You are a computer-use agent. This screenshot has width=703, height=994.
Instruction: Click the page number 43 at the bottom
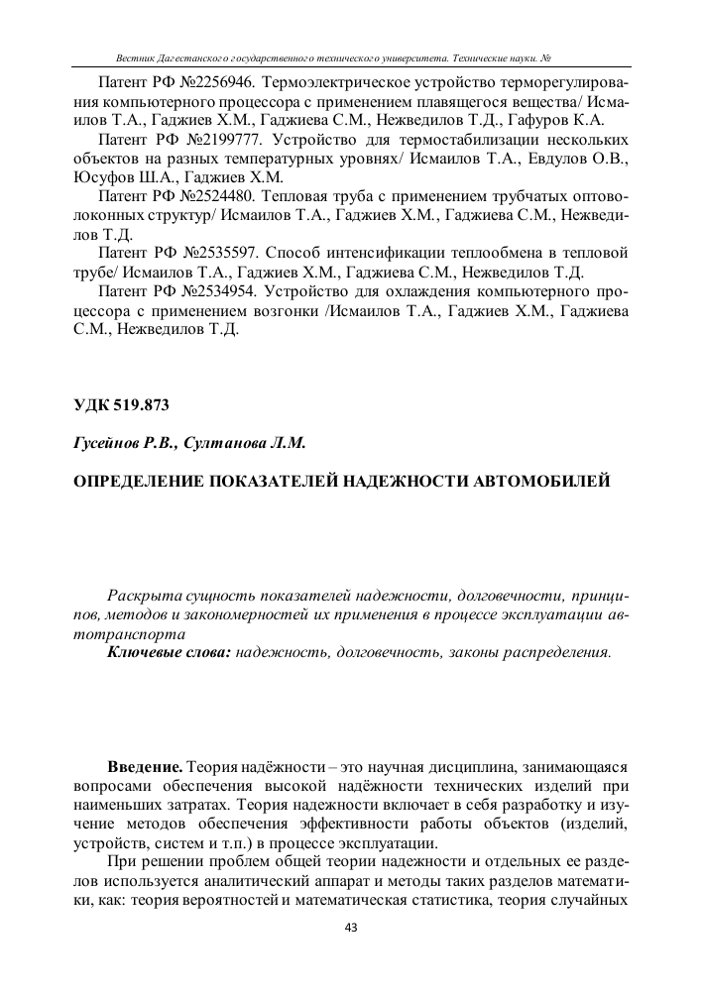pos(350,928)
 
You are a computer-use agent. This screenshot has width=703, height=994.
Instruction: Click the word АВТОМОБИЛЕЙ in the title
pos(530,482)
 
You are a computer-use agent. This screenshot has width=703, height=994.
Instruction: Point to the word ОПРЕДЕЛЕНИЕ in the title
pos(140,482)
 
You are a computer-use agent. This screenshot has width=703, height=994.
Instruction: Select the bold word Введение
pos(144,768)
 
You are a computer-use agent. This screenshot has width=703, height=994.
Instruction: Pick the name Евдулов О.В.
pos(577,159)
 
